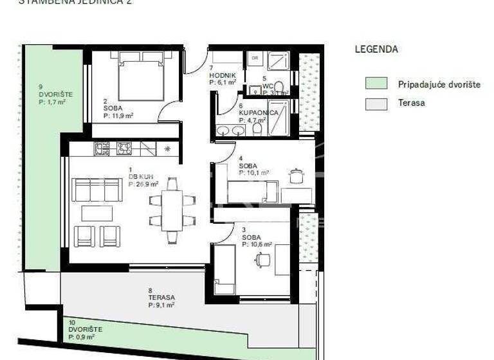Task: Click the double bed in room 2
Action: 141,77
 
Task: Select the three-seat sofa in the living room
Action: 97,190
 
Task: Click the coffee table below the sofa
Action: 96,213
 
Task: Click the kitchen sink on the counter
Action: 147,149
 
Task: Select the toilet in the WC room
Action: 279,87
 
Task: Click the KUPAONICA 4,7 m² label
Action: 259,113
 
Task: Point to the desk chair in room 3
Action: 263,260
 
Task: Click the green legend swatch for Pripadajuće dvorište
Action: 376,83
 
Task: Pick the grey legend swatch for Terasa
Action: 376,104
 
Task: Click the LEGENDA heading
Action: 376,50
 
